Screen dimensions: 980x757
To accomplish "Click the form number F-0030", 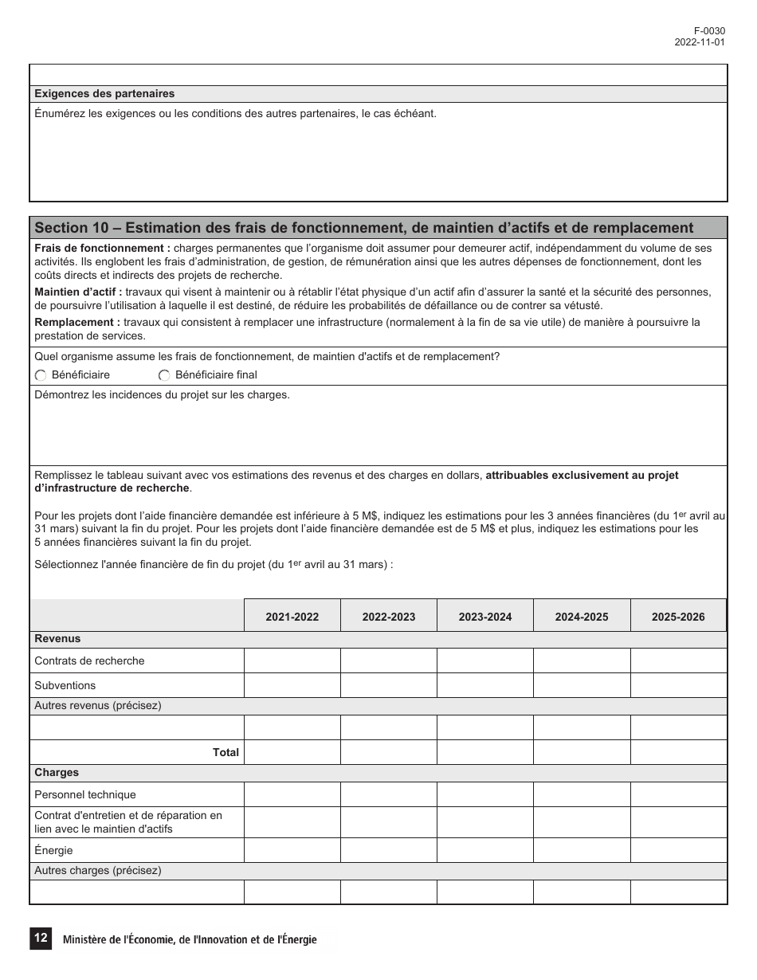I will [709, 31].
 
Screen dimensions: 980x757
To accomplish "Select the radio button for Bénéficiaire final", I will [164, 375].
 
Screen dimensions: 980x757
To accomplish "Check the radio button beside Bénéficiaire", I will [41, 375].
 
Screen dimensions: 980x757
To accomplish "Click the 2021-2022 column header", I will [292, 617].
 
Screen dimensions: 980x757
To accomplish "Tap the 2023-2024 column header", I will [484, 617].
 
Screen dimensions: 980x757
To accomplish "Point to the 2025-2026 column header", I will [677, 617].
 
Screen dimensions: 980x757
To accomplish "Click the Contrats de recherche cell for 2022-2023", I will [388, 661].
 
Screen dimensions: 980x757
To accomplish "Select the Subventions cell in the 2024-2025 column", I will [581, 685].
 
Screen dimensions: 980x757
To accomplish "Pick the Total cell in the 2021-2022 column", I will [292, 752].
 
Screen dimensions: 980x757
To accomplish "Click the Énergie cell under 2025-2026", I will [677, 850].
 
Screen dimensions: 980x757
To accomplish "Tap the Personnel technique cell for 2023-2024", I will [484, 794].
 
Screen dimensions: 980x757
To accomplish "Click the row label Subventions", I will [65, 685].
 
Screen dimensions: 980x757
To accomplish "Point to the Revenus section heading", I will [57, 639].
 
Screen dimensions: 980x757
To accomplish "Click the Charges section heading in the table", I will [57, 773].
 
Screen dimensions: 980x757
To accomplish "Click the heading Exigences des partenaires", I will [104, 94].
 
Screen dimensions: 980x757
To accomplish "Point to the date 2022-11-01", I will [699, 43].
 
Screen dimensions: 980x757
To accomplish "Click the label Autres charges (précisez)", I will [97, 871].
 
